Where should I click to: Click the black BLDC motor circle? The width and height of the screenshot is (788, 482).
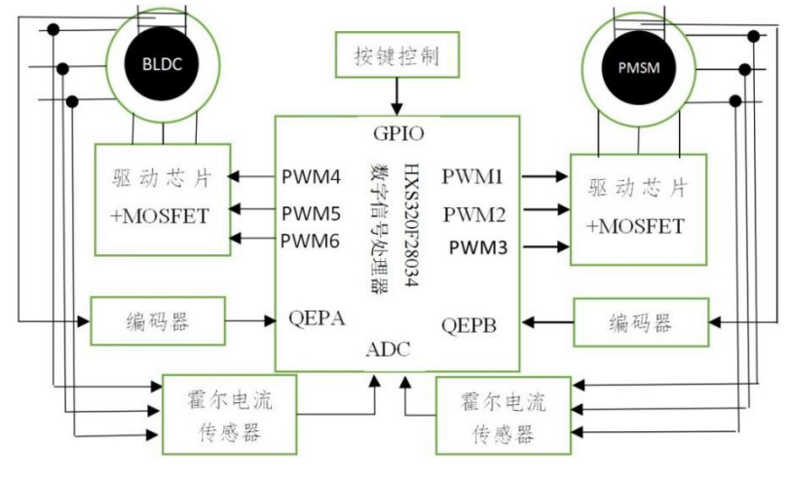[x=162, y=64]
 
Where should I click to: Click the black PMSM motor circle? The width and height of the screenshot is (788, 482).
[x=638, y=67]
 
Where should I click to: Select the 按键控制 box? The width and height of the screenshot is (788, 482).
[x=397, y=55]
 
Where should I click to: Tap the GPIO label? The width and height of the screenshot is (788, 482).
[x=398, y=133]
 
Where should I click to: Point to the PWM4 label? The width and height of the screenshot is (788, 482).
[x=311, y=176]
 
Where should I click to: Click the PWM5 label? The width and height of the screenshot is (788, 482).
[x=311, y=213]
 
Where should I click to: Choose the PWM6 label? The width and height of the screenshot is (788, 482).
[x=310, y=241]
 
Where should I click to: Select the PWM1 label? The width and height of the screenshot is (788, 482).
[x=472, y=176]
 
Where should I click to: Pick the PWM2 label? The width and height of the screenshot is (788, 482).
[x=474, y=214]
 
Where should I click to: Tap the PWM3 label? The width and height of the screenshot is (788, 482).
[x=478, y=247]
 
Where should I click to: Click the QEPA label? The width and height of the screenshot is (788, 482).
[x=317, y=318]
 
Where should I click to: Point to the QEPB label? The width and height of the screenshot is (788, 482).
[x=469, y=325]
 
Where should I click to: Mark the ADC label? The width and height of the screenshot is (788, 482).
[x=388, y=350]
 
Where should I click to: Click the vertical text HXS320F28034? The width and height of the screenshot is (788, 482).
[x=411, y=225]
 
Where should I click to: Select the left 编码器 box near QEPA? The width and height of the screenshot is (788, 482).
[x=158, y=320]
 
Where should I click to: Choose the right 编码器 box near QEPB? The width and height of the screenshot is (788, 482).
[x=641, y=322]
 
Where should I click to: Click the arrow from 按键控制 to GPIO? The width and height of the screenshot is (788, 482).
[x=397, y=96]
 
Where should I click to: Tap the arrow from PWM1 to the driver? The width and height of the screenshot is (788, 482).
[x=545, y=176]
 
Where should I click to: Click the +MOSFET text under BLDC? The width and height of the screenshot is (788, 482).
[x=160, y=216]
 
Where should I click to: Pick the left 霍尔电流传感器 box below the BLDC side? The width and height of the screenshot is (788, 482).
[x=229, y=415]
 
